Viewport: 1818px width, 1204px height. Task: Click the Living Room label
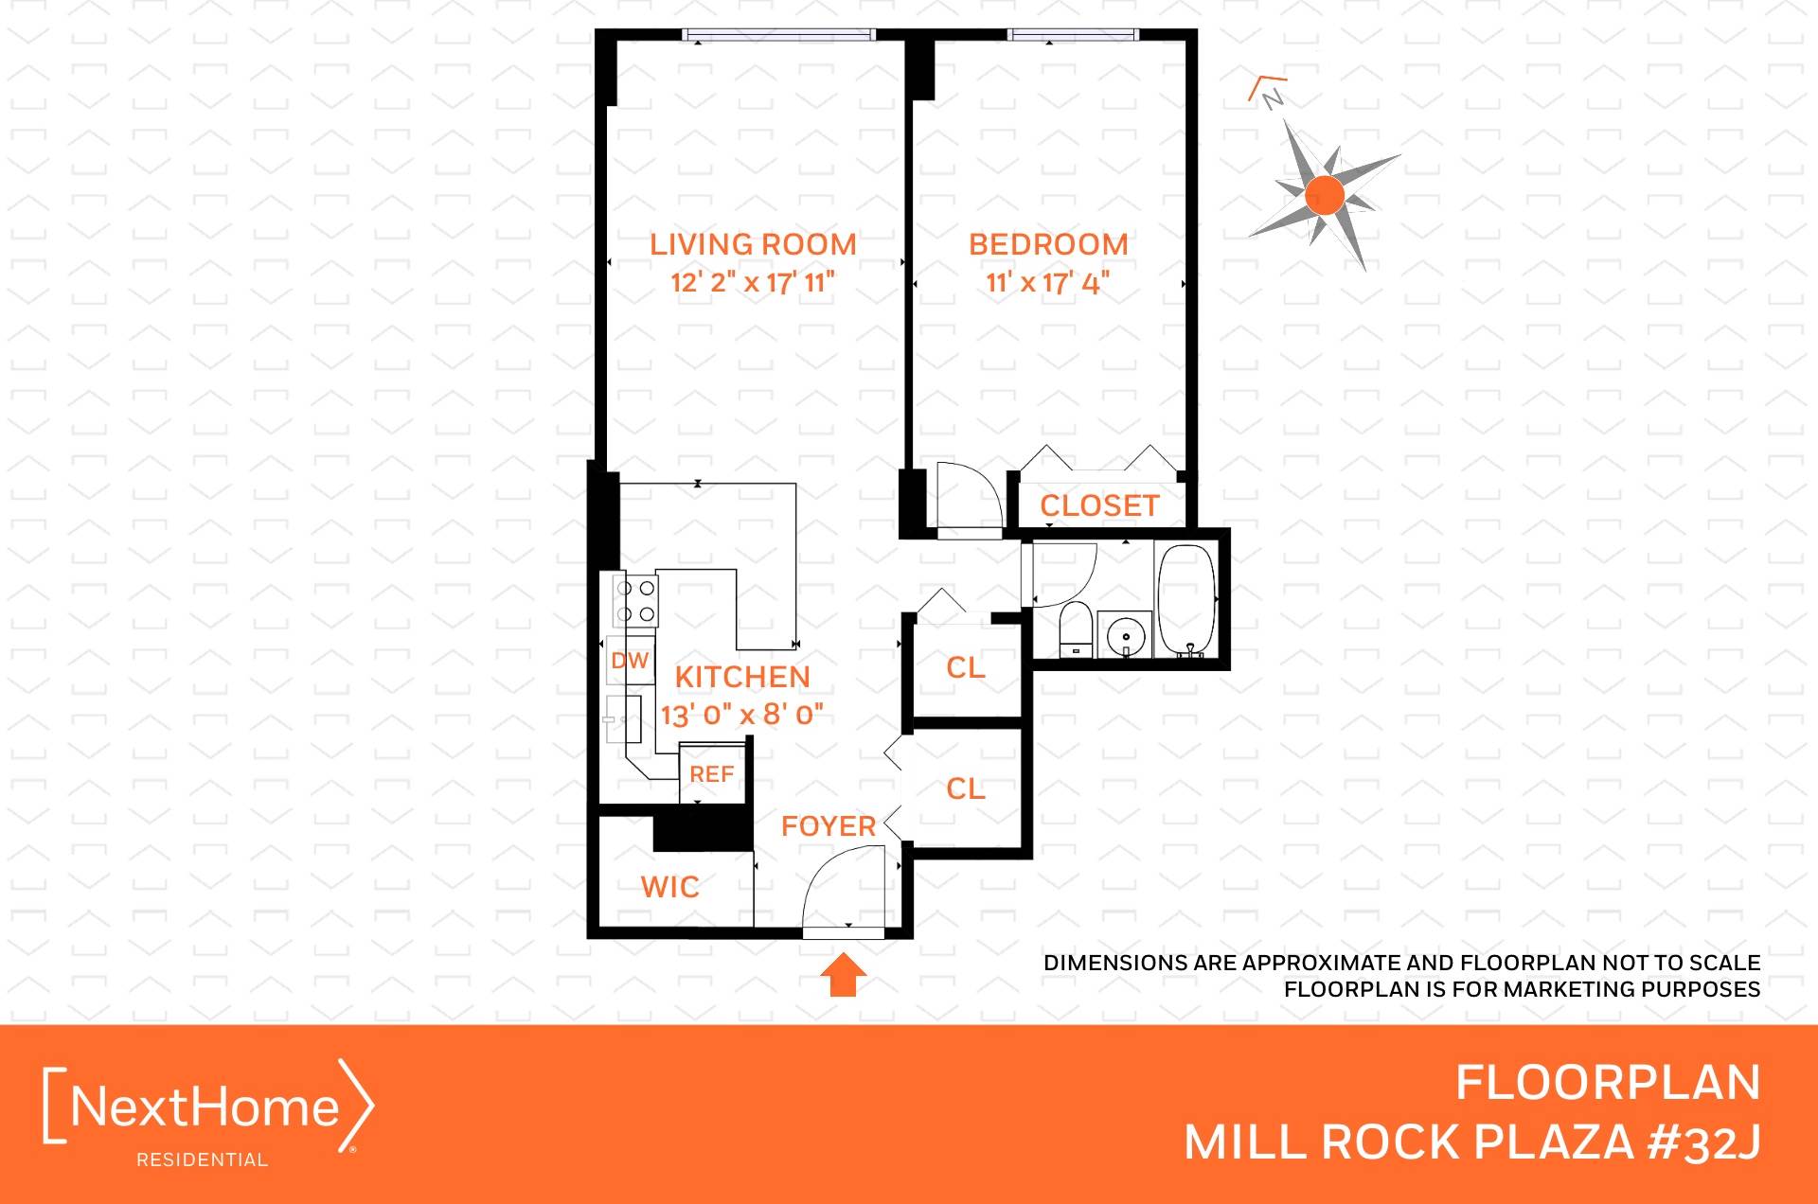753,244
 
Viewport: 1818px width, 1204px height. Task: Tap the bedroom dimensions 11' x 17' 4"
1047,282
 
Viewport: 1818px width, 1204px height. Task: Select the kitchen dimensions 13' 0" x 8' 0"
741,714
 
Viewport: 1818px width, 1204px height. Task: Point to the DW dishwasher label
630,661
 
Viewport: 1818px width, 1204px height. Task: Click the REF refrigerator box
712,774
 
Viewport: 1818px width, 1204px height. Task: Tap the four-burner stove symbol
635,601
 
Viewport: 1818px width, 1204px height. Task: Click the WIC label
669,887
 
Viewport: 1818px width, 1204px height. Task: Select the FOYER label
829,825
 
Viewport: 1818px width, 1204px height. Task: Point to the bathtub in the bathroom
1186,600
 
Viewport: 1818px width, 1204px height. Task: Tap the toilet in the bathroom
1075,629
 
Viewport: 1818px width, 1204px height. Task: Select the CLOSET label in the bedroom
1099,505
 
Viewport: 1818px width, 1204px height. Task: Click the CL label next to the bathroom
966,667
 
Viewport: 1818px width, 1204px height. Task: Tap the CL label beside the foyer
966,788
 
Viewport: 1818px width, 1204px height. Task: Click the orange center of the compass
1324,196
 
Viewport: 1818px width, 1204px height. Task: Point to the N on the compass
1274,97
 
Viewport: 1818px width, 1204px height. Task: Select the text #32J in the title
1703,1142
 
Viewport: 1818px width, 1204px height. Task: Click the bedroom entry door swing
966,497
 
